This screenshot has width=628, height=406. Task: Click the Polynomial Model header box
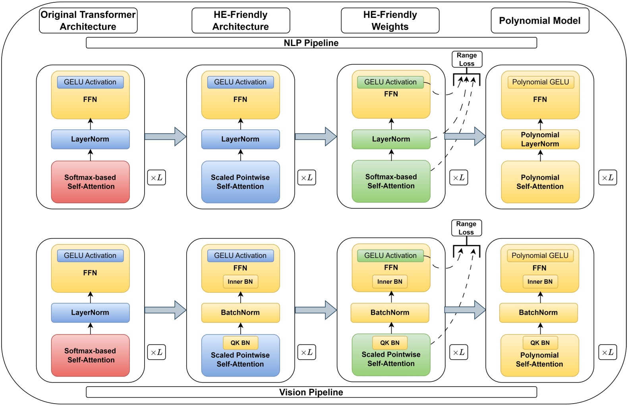539,21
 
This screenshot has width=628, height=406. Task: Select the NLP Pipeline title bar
311,43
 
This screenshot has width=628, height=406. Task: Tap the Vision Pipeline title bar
311,392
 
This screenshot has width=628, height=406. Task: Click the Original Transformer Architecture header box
88,21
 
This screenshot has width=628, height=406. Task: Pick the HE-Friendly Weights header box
390,21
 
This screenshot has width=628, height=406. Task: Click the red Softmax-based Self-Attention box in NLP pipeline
90,182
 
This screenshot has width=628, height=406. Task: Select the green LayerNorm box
391,139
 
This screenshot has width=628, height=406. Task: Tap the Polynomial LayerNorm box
540,139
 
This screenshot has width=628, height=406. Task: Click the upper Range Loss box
467,59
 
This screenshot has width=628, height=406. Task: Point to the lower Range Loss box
466,228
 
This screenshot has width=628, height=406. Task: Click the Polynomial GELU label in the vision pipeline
540,256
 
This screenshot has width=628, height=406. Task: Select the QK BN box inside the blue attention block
240,343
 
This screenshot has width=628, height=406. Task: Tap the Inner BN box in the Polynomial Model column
540,282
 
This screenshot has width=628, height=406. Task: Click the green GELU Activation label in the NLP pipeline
390,82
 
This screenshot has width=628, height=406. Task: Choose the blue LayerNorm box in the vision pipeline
90,313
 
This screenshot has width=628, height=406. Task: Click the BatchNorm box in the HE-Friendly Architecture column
240,313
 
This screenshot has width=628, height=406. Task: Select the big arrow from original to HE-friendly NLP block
165,137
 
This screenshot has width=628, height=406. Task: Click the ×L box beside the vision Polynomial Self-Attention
607,352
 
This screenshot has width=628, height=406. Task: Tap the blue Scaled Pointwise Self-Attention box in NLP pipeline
240,182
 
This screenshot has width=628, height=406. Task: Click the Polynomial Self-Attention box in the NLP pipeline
540,182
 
